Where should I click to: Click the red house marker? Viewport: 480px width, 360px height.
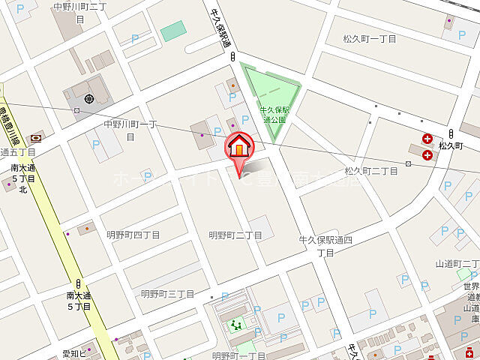click(x=239, y=146)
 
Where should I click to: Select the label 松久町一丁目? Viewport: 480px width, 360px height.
click(x=370, y=38)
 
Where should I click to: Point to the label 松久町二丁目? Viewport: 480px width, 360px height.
click(x=371, y=171)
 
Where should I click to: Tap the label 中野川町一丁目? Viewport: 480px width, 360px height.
click(x=129, y=130)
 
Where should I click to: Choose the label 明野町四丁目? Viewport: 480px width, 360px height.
click(x=133, y=235)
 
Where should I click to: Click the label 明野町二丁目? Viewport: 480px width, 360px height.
click(x=235, y=235)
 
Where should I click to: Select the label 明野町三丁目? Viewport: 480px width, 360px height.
click(x=168, y=294)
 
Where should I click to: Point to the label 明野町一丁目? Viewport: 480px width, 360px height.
click(x=239, y=355)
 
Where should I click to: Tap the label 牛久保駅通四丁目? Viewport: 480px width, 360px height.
click(x=325, y=246)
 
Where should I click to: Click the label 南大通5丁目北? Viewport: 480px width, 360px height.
click(x=22, y=178)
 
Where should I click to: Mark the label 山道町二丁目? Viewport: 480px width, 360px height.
click(x=457, y=263)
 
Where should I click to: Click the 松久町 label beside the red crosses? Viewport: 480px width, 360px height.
click(x=451, y=145)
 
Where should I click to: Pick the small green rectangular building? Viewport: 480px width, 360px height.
click(x=172, y=31)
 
